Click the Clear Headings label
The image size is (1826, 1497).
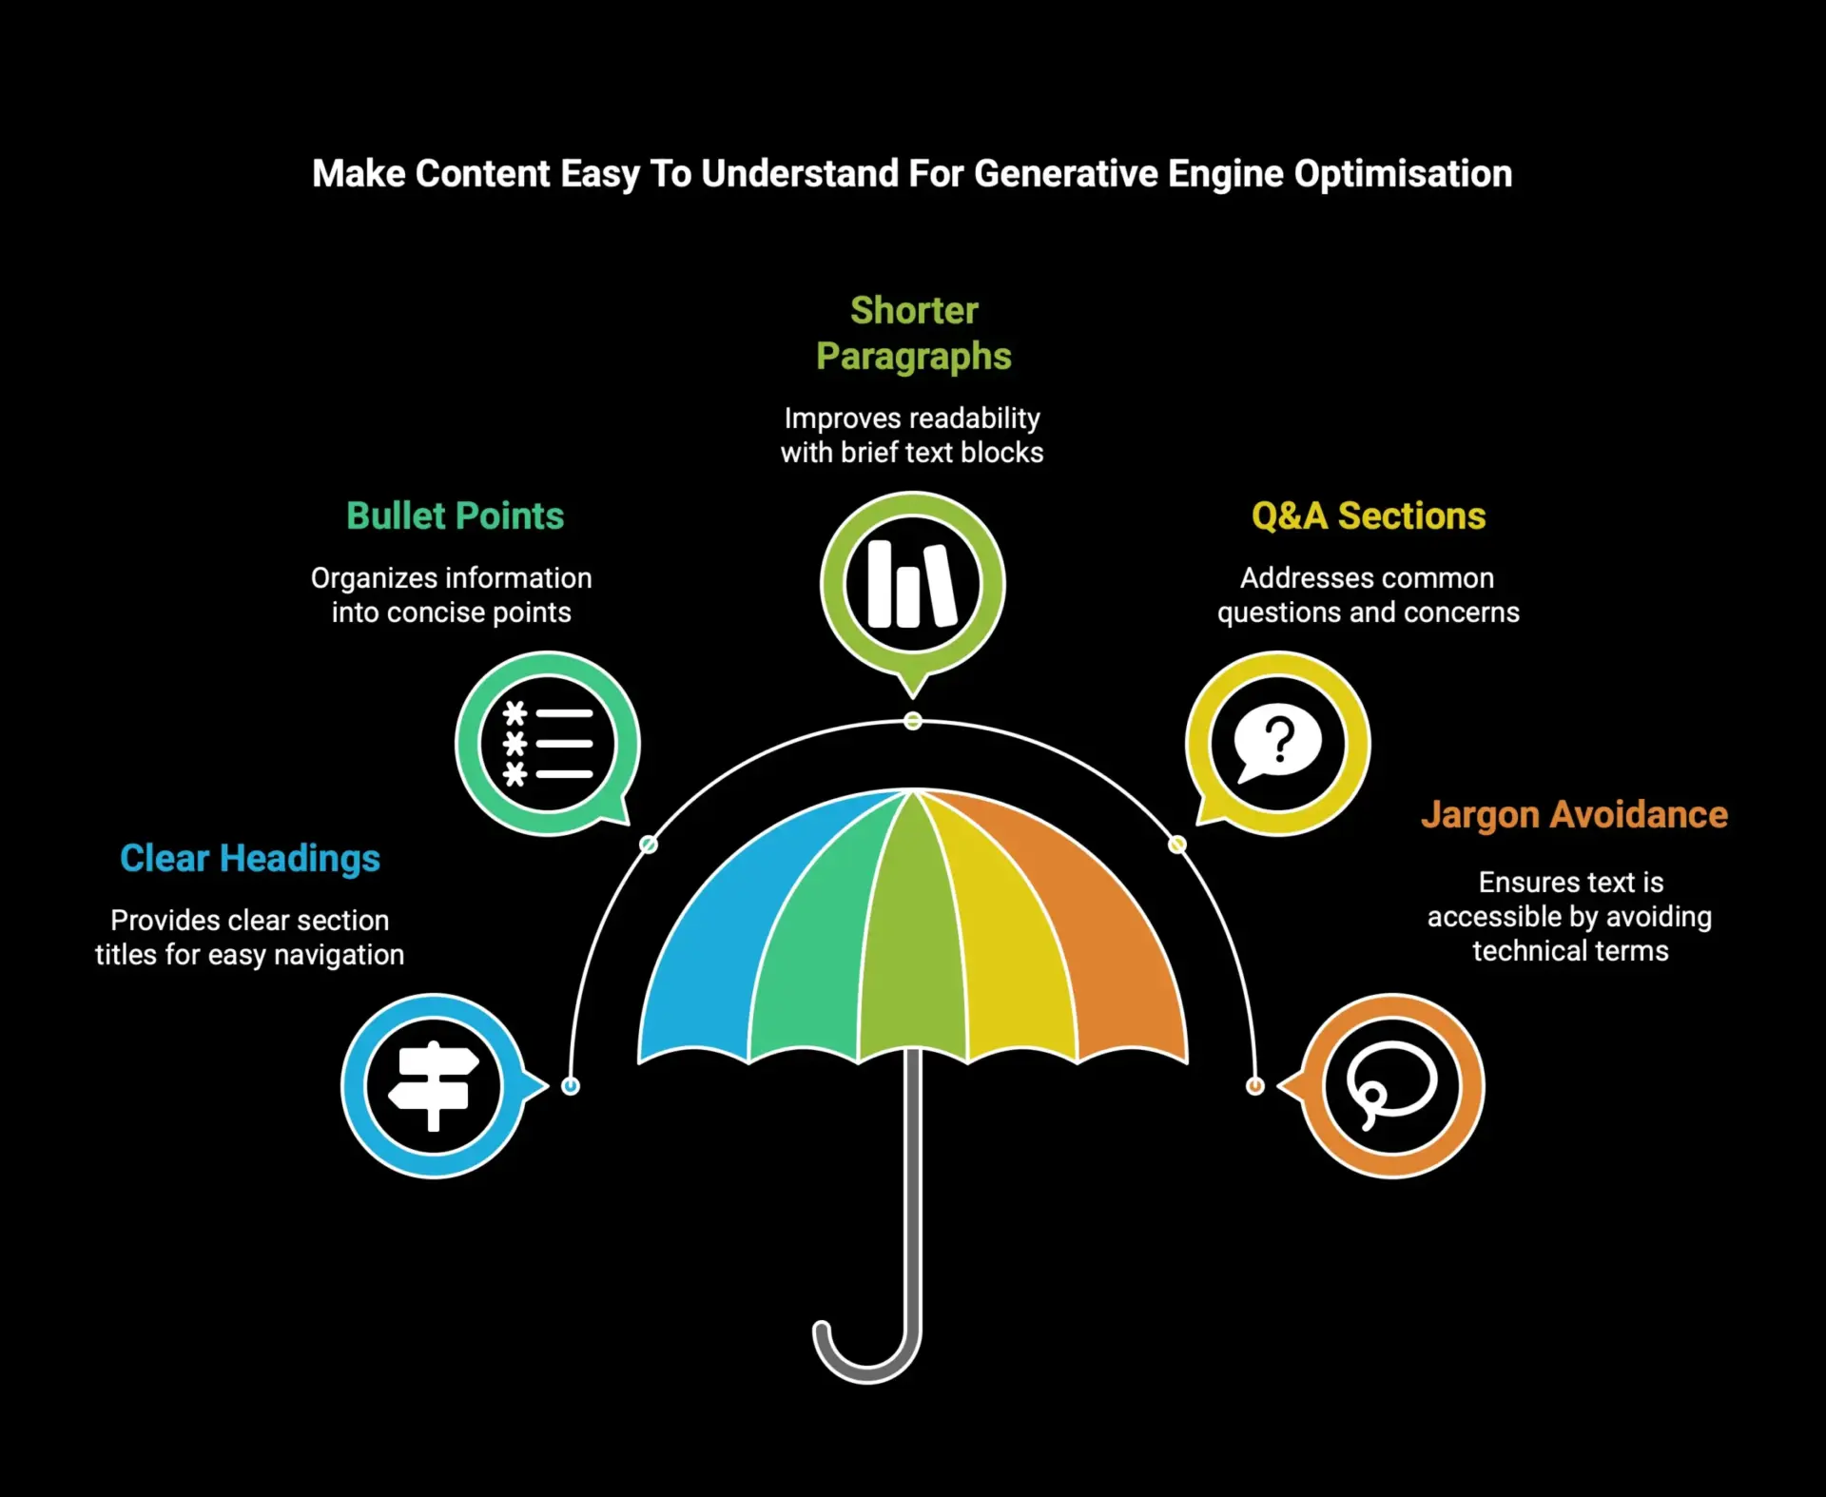[x=249, y=858]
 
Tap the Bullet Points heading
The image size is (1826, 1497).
[x=455, y=515]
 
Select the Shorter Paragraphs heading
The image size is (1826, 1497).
[x=913, y=333]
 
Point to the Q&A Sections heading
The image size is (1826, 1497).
[x=1368, y=515]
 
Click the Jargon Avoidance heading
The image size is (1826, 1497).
[x=1574, y=815]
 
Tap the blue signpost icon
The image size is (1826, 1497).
[x=434, y=1086]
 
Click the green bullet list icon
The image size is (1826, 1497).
[x=548, y=744]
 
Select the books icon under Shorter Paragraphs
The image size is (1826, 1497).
[x=913, y=584]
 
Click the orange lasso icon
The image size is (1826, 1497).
[x=1391, y=1086]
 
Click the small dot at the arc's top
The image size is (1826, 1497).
[x=913, y=721]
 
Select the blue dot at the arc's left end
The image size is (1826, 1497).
[x=571, y=1086]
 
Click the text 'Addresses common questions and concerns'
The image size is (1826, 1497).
[x=1368, y=595]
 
